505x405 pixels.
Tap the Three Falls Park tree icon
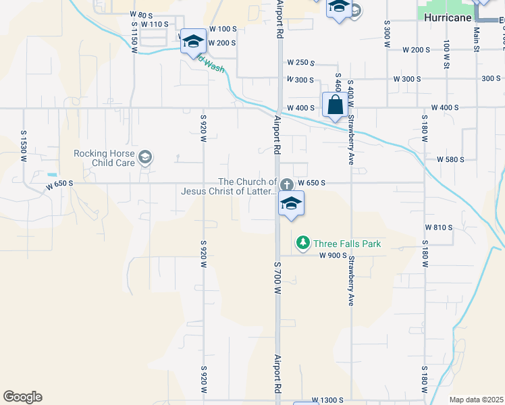[x=303, y=242]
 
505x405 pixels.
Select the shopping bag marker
[x=335, y=105]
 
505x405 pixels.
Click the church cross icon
[x=287, y=184]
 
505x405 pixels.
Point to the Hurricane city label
[x=448, y=18]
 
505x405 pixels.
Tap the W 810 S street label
[x=439, y=227]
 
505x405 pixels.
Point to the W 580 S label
[x=450, y=159]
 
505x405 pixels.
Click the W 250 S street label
[x=301, y=63]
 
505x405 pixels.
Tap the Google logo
[x=22, y=397]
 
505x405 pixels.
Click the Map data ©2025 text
[x=475, y=400]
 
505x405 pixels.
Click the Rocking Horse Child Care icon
[x=145, y=159]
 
